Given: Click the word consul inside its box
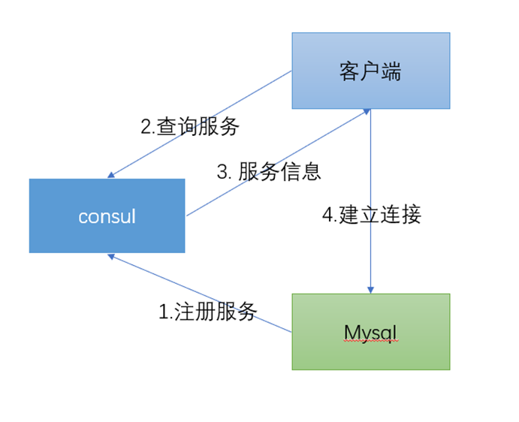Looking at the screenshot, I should point(107,216).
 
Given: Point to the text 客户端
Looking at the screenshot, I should point(371,71).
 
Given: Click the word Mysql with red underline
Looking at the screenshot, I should point(370,331).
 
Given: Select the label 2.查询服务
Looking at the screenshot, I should point(190,126).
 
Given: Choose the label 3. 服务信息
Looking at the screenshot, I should point(269,171).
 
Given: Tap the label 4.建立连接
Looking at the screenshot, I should point(372,215).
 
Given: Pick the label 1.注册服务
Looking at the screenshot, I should point(208,311).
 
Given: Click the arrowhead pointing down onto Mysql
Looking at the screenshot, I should point(370,289).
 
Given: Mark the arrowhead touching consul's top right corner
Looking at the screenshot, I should point(112,175).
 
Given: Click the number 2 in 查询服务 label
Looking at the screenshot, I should point(146,127).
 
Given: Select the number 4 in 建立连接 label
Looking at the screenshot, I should point(327,216).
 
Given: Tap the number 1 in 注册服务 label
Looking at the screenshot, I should point(164,312).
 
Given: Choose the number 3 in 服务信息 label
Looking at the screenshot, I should point(222,172).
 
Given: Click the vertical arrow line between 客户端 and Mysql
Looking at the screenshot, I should point(370,188).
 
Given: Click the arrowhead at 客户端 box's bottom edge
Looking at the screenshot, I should point(367,111).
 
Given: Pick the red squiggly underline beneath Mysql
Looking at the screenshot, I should point(370,341).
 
